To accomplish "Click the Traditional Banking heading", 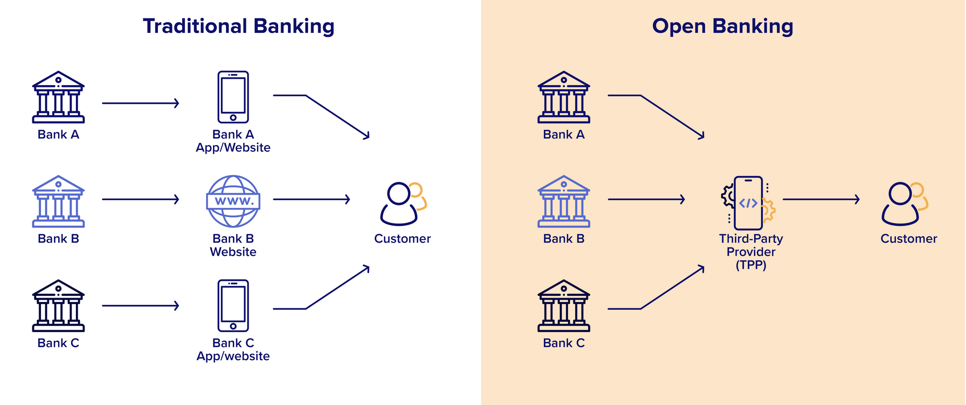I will [x=239, y=27].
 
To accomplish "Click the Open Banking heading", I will [x=723, y=27].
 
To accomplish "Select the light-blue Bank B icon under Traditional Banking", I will [x=58, y=202].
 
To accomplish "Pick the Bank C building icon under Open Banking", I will [x=564, y=306].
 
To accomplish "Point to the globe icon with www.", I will [x=233, y=201].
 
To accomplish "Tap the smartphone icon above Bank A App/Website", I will [x=233, y=97].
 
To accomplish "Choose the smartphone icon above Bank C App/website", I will [x=233, y=306].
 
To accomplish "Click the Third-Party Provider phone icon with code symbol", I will [x=748, y=203].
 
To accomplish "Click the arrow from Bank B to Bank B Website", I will [x=141, y=199].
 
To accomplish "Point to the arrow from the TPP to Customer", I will [x=821, y=199].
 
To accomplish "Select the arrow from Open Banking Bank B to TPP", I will [x=646, y=199].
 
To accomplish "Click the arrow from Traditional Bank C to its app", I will [x=141, y=305].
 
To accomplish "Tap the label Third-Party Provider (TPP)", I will [x=751, y=252].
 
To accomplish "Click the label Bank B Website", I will [x=233, y=245].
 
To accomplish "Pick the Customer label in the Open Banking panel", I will [x=909, y=239].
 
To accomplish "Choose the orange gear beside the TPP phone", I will [x=768, y=210].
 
